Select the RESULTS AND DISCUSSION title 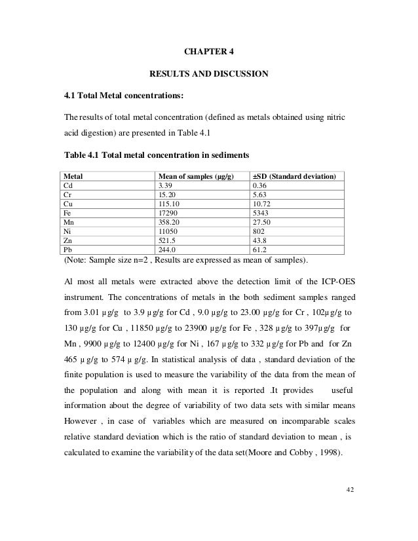209,74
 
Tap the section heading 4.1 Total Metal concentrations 124,97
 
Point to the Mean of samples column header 195,177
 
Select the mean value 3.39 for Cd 163,186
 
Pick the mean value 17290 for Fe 165,214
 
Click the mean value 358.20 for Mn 167,223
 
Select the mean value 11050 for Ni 165,232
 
